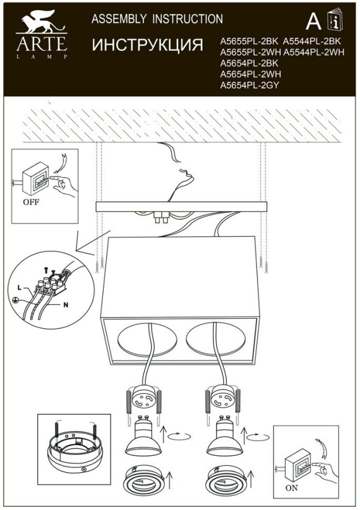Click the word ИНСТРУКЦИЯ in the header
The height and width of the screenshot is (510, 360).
147,45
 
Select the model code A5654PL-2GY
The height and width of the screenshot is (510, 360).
250,85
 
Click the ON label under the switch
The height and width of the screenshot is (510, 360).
291,488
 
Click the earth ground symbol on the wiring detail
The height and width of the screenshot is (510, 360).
14,299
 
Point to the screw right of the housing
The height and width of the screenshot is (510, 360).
266,266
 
